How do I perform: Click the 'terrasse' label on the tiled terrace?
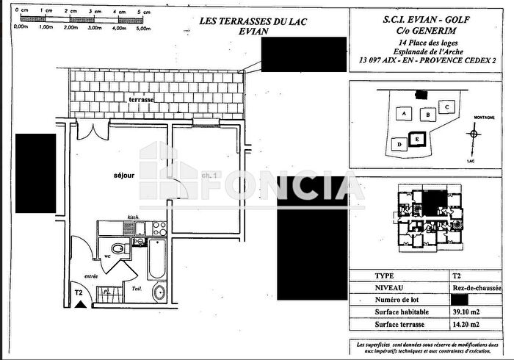(x=142, y=98)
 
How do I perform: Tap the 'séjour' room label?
(x=124, y=176)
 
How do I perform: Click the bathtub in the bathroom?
(x=156, y=258)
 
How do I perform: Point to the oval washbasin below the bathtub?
(x=159, y=292)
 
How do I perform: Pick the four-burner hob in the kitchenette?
(x=159, y=228)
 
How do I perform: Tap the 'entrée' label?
(x=91, y=276)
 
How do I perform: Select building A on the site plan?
(x=402, y=114)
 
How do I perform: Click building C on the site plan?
(x=447, y=107)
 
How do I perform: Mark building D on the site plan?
(x=399, y=144)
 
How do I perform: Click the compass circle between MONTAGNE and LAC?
(x=474, y=134)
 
